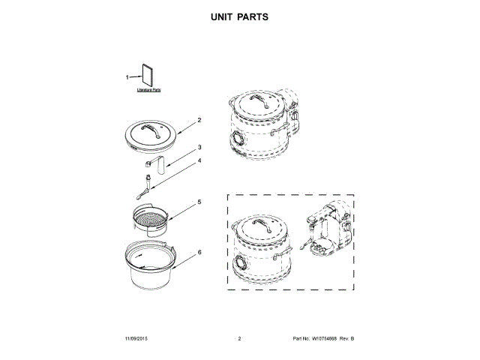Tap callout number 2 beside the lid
pyautogui.click(x=199, y=120)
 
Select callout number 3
pyautogui.click(x=199, y=148)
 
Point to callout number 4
pyautogui.click(x=199, y=160)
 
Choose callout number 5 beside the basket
pyautogui.click(x=199, y=202)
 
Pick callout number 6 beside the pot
pyautogui.click(x=199, y=253)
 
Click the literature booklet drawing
pyautogui.click(x=148, y=76)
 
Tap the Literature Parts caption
pyautogui.click(x=148, y=90)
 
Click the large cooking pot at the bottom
pyautogui.click(x=150, y=268)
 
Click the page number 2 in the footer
pyautogui.click(x=239, y=340)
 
